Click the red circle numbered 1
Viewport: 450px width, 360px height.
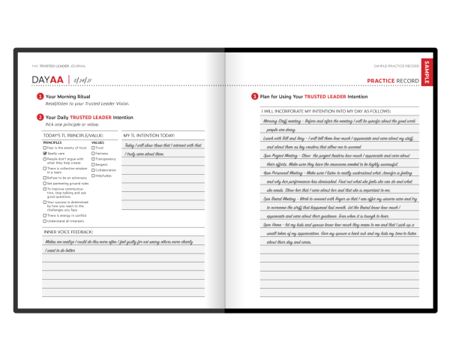click(x=40, y=97)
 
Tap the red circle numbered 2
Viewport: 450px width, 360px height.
click(x=40, y=117)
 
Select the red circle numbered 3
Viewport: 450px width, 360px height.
click(x=254, y=97)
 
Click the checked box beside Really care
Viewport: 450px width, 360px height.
click(x=44, y=154)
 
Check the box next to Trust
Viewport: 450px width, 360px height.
click(x=93, y=148)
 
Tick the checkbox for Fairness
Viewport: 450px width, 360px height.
click(x=93, y=154)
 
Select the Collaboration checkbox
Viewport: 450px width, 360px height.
click(x=93, y=169)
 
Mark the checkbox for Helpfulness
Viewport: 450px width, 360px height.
click(x=93, y=175)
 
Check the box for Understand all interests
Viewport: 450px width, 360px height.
click(x=44, y=222)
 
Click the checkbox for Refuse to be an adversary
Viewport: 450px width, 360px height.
click(x=44, y=177)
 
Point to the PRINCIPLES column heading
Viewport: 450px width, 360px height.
click(x=52, y=142)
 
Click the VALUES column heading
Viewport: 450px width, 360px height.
click(x=98, y=142)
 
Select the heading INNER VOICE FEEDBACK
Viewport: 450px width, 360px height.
click(x=67, y=232)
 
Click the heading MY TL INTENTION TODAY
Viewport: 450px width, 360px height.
click(x=148, y=135)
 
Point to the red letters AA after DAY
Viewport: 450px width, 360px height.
click(x=56, y=79)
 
